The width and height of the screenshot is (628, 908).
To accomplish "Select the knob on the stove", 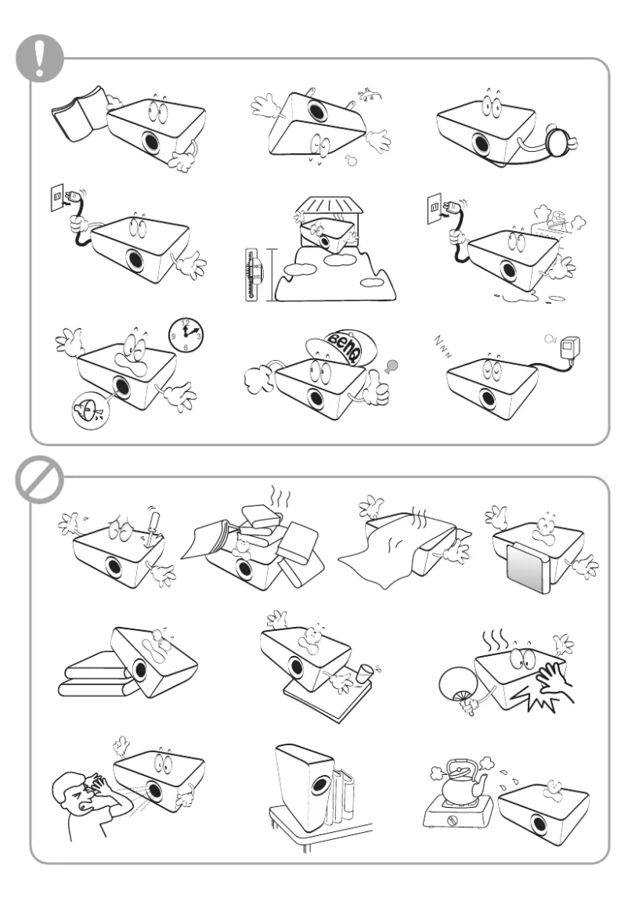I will (x=452, y=838).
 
